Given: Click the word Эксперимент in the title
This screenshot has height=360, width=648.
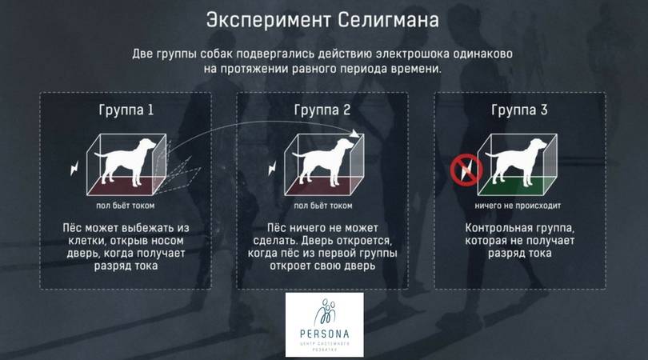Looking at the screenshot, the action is tap(269, 20).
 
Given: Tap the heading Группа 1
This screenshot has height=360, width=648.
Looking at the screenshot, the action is tap(126, 110).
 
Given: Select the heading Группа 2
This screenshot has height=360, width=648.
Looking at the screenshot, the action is tap(322, 110).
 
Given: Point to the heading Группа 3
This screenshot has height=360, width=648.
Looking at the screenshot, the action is tap(519, 110).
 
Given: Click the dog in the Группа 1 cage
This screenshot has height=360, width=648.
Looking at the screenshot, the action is tap(125, 162).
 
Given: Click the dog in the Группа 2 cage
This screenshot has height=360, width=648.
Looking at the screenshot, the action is tap(322, 162).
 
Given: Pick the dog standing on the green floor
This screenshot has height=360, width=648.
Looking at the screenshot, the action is tap(516, 162).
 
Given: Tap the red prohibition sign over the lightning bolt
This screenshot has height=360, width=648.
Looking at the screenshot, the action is tap(466, 170).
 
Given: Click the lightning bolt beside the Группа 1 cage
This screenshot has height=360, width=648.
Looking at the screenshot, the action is tap(74, 167).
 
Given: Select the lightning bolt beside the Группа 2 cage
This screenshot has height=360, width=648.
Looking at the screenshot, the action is tap(272, 167).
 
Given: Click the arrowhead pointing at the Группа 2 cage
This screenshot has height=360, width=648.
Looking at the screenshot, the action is tap(354, 134).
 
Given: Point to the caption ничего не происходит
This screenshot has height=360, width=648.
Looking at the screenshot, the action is tap(518, 206).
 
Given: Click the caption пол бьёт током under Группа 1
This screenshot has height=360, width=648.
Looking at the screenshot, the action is tap(126, 206).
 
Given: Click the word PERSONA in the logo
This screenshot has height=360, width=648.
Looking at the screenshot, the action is tap(325, 334).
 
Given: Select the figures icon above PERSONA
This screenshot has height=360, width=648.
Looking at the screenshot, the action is tap(325, 313).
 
